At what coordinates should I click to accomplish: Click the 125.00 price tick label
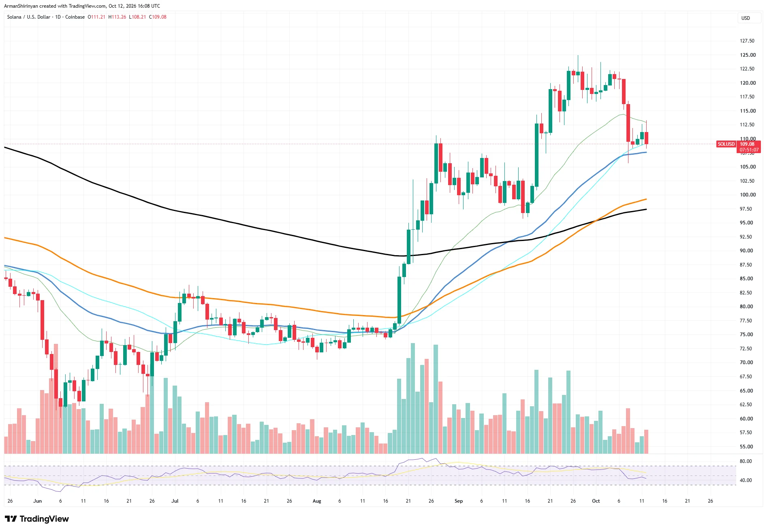point(748,55)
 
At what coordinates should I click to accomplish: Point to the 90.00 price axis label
point(746,251)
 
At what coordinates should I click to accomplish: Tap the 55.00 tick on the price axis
point(746,447)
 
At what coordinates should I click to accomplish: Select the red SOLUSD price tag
point(726,144)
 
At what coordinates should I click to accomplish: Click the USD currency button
point(746,18)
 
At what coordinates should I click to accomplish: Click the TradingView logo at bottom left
point(37,519)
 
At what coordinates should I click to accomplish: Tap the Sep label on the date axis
point(459,501)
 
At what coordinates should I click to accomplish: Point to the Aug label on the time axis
point(317,501)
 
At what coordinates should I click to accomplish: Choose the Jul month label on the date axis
point(175,501)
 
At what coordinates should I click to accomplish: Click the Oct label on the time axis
point(596,501)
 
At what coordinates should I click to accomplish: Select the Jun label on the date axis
point(38,501)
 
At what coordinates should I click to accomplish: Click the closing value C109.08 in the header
point(158,17)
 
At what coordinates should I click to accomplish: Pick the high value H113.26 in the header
point(117,17)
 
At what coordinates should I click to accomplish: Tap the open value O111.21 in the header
point(96,17)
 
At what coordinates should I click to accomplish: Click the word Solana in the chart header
point(14,17)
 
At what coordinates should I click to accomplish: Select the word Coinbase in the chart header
point(75,17)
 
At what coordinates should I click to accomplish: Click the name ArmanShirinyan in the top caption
point(21,6)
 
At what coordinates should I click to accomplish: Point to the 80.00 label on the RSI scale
point(746,461)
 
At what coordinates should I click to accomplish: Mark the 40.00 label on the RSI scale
point(746,480)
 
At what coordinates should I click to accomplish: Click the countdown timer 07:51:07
point(749,150)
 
